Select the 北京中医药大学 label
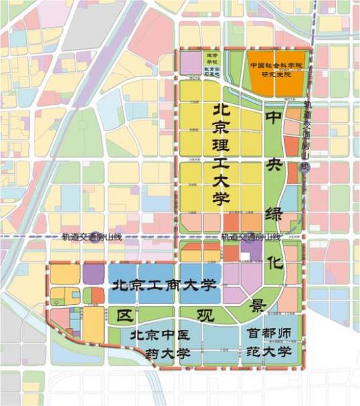pyautogui.click(x=161, y=343)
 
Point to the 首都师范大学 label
pyautogui.click(x=269, y=342)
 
